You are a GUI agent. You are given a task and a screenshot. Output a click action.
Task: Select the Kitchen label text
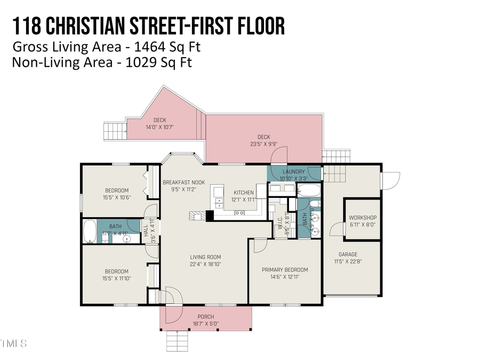tap(244, 193)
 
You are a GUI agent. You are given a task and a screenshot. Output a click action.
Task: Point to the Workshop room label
tap(363, 218)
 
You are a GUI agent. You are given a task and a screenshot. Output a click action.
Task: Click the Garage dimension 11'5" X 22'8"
tap(348, 261)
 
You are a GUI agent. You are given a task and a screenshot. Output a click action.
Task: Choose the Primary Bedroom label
tap(284, 270)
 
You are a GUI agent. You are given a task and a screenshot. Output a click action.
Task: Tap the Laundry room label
tap(293, 172)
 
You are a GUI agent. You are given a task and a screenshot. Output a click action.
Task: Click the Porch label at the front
tap(205, 317)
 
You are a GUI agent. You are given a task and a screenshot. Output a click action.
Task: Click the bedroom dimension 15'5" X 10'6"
tap(116, 197)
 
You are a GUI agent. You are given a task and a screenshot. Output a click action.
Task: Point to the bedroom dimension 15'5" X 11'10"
tap(116, 278)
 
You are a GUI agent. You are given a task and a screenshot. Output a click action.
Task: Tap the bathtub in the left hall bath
tap(90, 231)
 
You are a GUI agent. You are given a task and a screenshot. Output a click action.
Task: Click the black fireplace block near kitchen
tap(210, 215)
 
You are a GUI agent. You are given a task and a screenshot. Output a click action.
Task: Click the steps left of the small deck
tap(114, 130)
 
